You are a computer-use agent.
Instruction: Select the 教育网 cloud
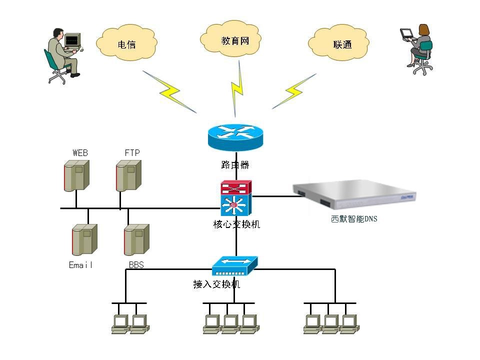234,39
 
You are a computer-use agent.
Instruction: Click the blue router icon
235,137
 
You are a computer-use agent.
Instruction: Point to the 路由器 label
235,164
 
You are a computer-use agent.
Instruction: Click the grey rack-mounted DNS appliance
354,196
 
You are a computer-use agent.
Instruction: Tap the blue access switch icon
234,266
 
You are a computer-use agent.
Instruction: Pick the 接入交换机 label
216,284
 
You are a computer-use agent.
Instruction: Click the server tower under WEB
76,175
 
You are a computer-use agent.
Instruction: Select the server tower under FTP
128,175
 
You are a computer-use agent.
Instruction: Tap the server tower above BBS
136,240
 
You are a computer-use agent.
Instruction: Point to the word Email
81,265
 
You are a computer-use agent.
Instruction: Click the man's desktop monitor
72,40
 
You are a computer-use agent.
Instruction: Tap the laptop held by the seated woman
406,33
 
